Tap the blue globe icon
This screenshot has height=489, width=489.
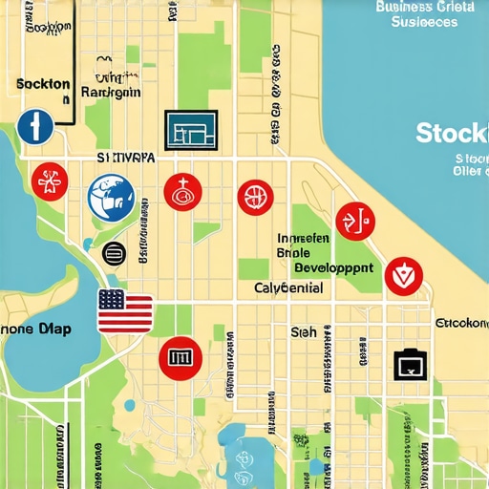pos(110,197)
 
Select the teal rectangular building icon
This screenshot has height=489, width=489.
pos(191,129)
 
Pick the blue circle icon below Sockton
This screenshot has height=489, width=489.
pos(33,125)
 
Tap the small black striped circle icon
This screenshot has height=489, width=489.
pos(114,253)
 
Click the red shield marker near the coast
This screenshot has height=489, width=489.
pos(401,276)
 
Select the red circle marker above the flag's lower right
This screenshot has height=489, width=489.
pos(181,357)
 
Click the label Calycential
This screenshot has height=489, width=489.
pos(288,287)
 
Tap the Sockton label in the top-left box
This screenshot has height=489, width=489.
pos(43,84)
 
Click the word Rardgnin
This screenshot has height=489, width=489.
pos(111,93)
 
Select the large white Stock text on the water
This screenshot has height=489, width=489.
pos(452,133)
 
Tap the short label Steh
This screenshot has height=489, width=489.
pos(302,331)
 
